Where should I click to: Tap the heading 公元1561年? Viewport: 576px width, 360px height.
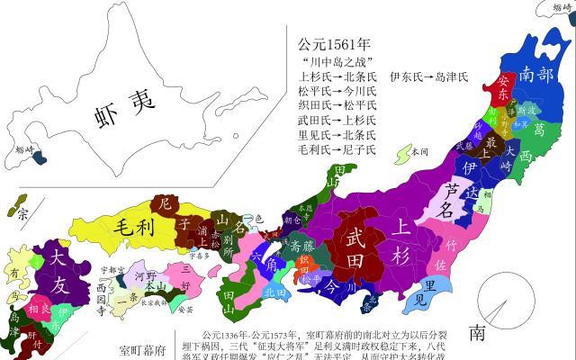point(335,44)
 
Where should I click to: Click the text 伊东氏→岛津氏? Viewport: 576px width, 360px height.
point(428,77)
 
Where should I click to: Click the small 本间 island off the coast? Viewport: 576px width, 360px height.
point(413,151)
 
